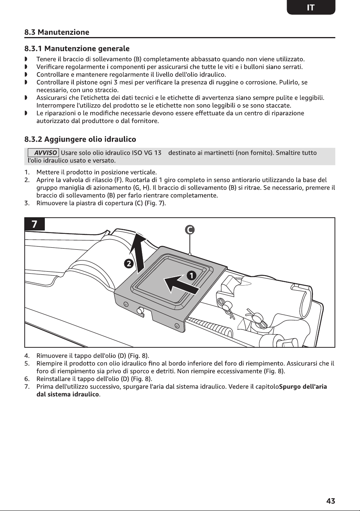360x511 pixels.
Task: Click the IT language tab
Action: [311, 7]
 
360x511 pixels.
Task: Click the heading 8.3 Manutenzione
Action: [57, 32]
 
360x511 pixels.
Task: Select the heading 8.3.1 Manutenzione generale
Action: [77, 49]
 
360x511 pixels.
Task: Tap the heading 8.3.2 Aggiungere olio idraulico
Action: [80, 139]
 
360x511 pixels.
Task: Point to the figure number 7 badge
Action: [34, 224]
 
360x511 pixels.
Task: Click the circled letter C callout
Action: [189, 230]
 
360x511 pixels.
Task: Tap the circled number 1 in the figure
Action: [192, 276]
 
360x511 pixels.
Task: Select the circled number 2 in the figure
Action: [128, 264]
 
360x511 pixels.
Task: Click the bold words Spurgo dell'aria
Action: [303, 387]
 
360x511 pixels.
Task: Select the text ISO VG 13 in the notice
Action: [147, 152]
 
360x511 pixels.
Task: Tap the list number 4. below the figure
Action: [27, 355]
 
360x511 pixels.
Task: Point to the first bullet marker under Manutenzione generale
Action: [26, 59]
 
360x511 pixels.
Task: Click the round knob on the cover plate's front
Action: [140, 310]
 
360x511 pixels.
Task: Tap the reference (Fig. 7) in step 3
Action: [155, 203]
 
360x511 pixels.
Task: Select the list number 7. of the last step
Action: [27, 387]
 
